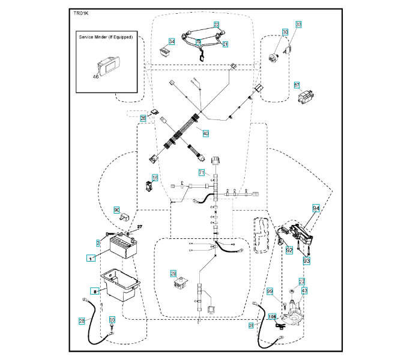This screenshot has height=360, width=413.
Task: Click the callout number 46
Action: pyautogui.click(x=95, y=77)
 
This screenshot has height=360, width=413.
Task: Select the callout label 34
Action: pyautogui.click(x=172, y=41)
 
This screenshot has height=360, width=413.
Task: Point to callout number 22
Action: pyautogui.click(x=216, y=25)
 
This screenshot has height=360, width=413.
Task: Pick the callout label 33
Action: pyautogui.click(x=298, y=25)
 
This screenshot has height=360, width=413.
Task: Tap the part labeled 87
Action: pyautogui.click(x=306, y=96)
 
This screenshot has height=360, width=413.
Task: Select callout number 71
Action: pyautogui.click(x=202, y=173)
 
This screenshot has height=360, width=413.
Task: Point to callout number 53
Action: pyautogui.click(x=111, y=320)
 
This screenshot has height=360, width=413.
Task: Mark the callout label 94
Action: pyautogui.click(x=316, y=208)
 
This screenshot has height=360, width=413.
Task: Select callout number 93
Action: pyautogui.click(x=306, y=261)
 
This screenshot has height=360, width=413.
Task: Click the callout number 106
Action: pyautogui.click(x=272, y=317)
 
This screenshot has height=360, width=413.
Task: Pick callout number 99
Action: pyautogui.click(x=270, y=290)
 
